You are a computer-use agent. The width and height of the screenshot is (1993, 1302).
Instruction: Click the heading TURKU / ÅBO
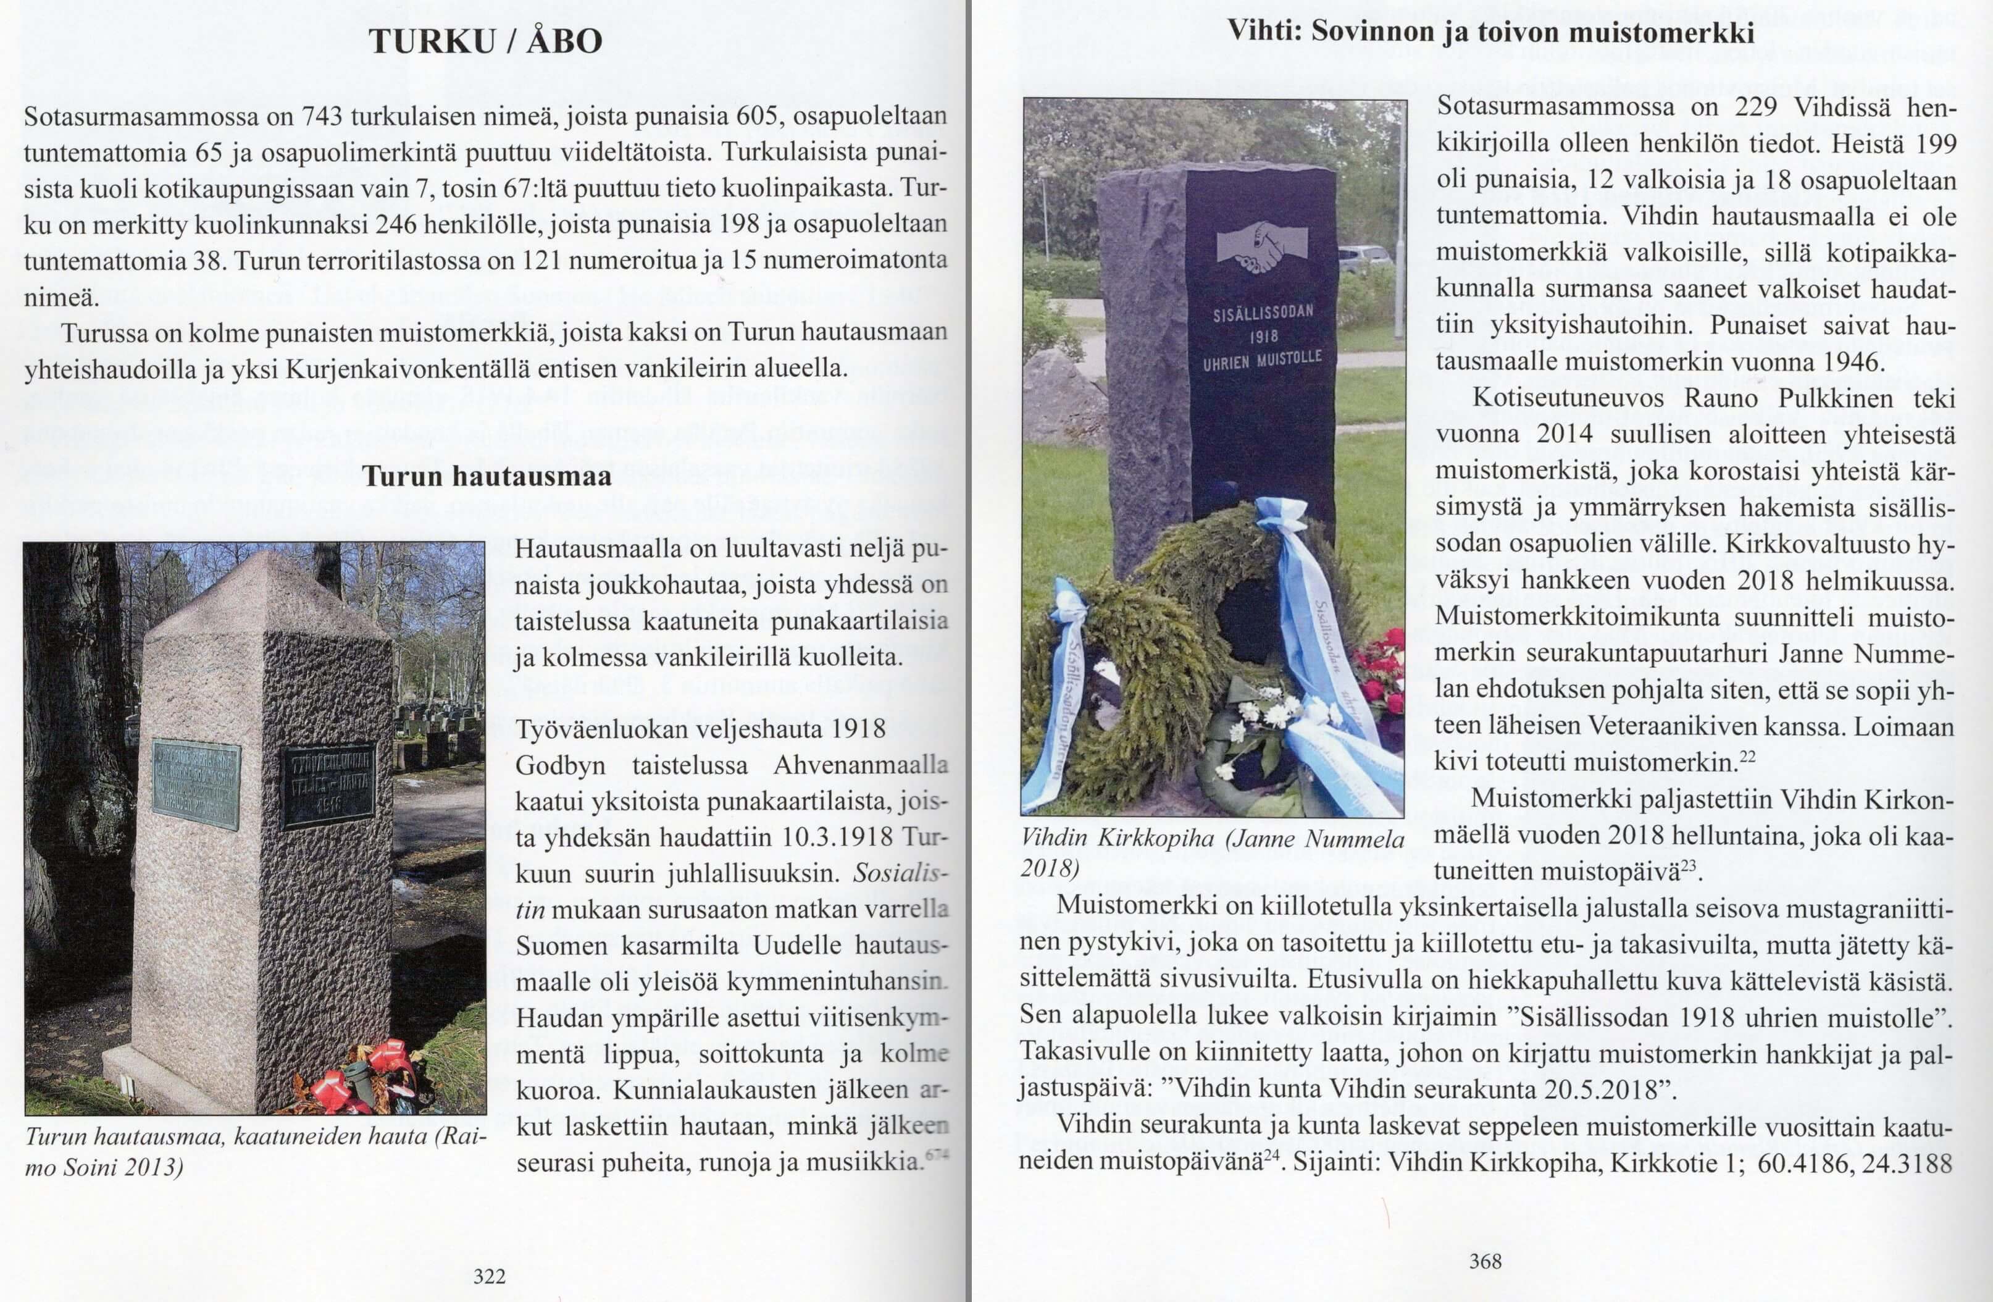pos(486,41)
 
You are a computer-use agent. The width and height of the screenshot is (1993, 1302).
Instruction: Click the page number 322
pos(490,1276)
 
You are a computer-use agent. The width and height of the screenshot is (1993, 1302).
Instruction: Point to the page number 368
pos(1485,1261)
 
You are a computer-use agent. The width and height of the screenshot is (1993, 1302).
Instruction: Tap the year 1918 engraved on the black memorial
pos(1264,337)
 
